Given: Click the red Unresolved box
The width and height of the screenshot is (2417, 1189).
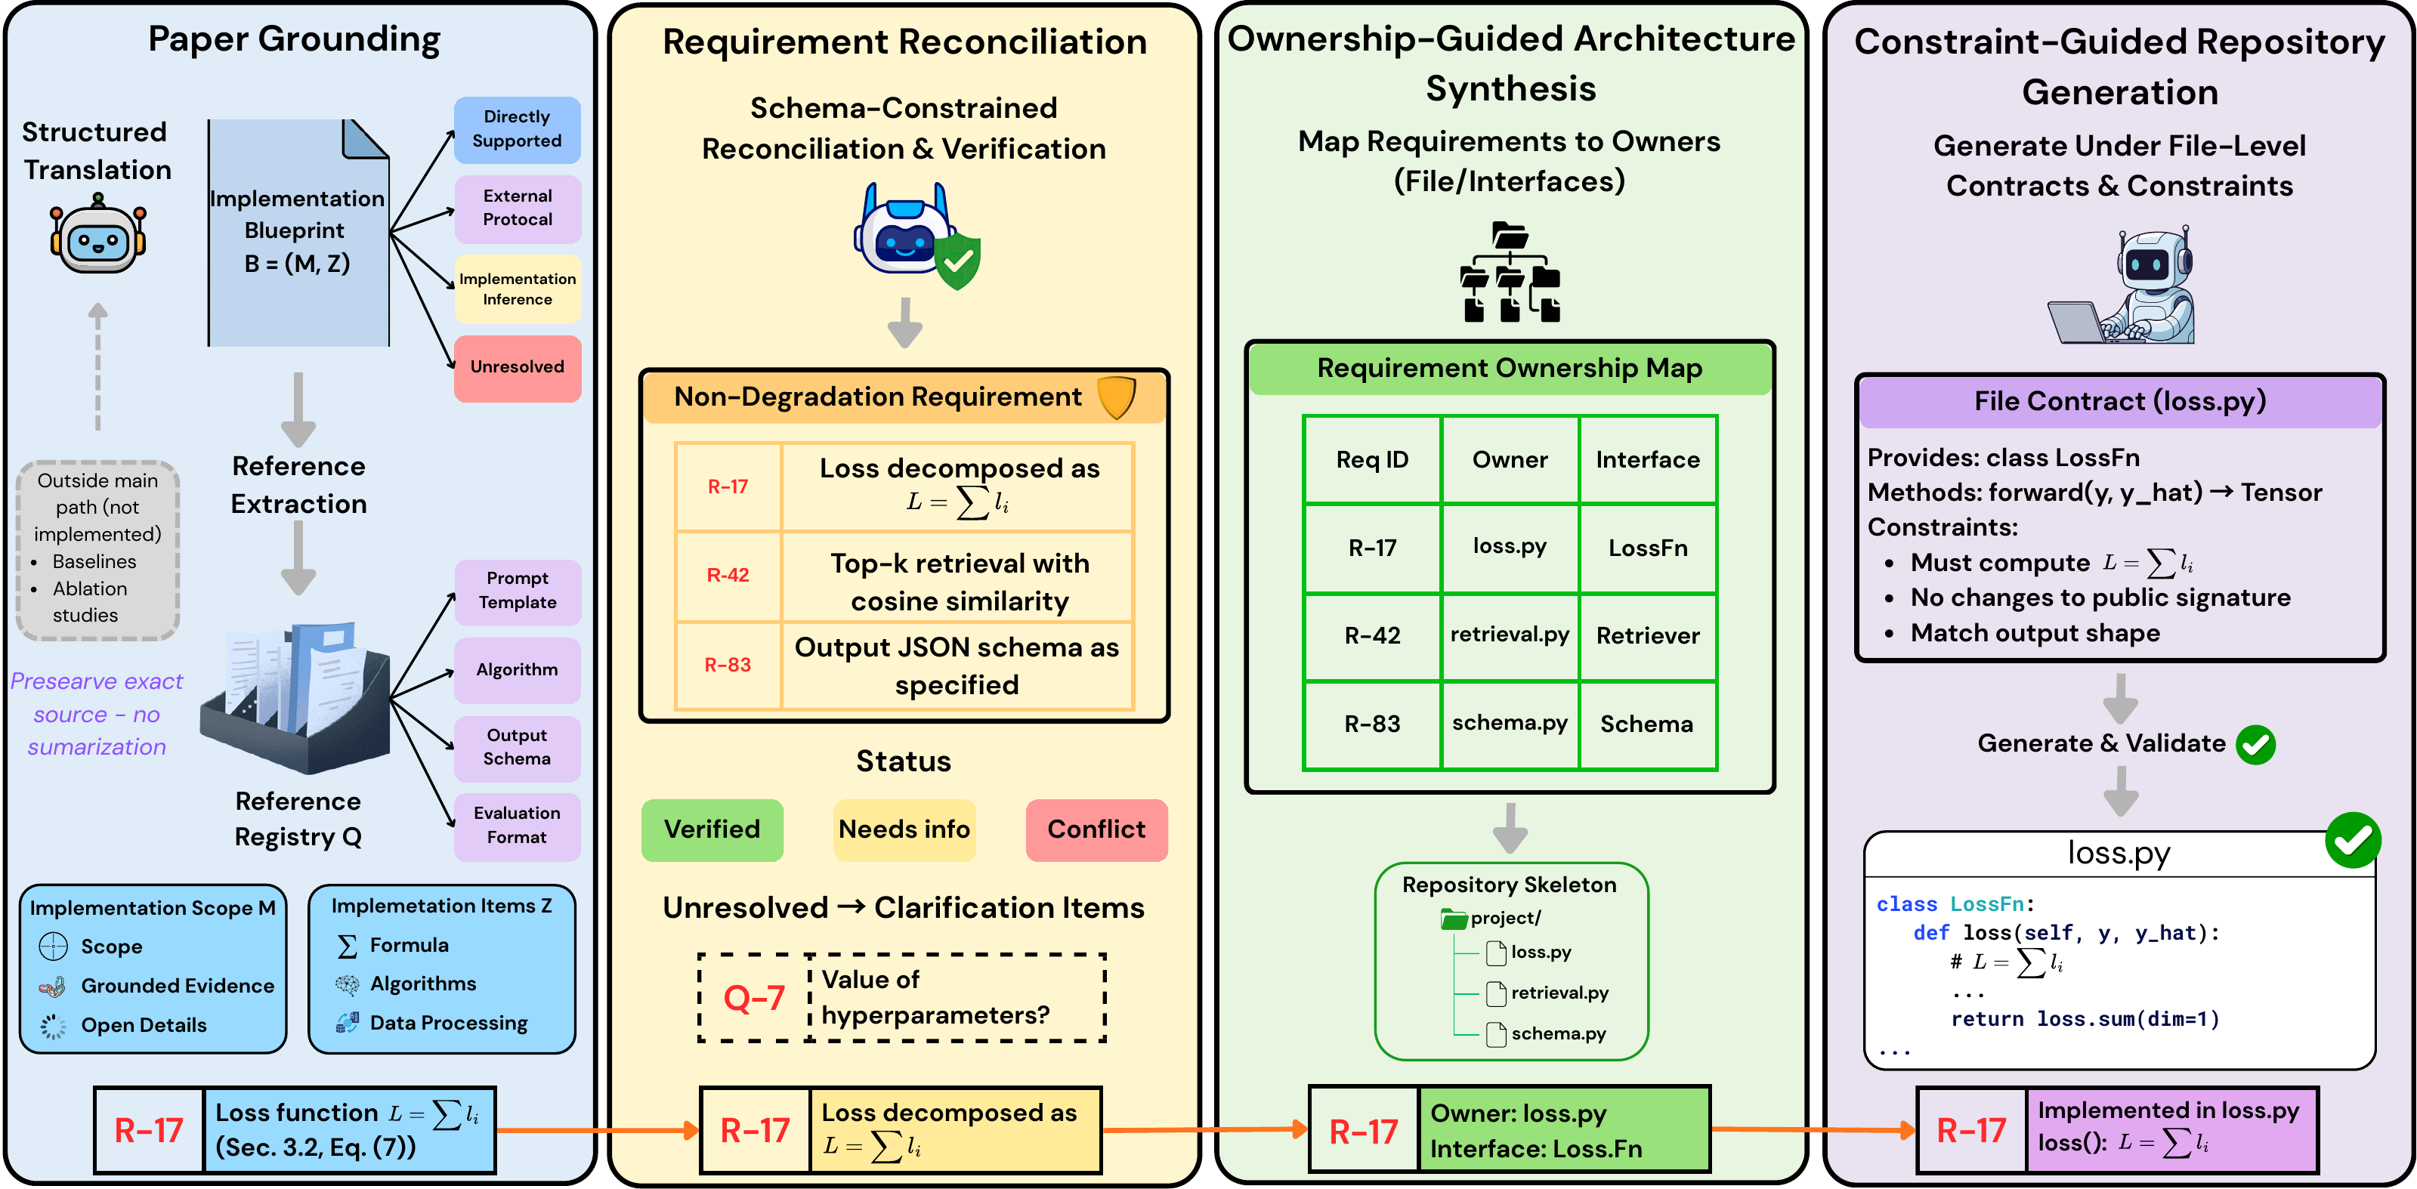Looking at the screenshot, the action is pyautogui.click(x=517, y=368).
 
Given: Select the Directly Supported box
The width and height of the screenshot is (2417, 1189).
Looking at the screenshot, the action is pyautogui.click(x=517, y=129).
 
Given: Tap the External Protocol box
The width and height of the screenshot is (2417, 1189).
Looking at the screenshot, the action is pyautogui.click(x=517, y=208).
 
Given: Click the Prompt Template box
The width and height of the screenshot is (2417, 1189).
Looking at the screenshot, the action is pyautogui.click(x=517, y=591).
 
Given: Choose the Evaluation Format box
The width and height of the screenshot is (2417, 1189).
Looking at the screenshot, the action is pyautogui.click(x=517, y=826).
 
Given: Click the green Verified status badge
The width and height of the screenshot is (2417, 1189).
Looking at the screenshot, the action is pyautogui.click(x=712, y=829).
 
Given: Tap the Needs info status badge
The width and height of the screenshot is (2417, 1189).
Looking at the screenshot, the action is pyautogui.click(x=904, y=829).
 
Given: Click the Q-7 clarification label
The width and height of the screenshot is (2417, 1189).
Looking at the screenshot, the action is pyautogui.click(x=753, y=998).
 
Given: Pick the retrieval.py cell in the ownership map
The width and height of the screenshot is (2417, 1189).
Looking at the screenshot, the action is pyautogui.click(x=1510, y=635).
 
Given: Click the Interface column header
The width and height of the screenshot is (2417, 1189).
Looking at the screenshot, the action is pyautogui.click(x=1648, y=460).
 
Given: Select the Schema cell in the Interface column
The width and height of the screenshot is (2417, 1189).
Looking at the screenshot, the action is pyautogui.click(x=1648, y=724).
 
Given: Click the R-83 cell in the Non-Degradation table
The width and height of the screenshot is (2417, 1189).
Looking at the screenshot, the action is pyautogui.click(x=728, y=666).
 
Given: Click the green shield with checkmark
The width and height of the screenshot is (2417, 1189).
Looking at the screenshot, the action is pyautogui.click(x=958, y=262).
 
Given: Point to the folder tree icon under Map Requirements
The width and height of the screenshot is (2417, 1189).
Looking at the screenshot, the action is pyautogui.click(x=1510, y=272).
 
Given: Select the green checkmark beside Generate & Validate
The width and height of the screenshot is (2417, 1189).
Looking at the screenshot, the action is pyautogui.click(x=2255, y=744).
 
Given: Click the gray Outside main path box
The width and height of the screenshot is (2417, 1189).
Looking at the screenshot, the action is pyautogui.click(x=97, y=551).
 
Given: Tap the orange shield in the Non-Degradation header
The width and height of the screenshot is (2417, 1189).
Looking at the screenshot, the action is pyautogui.click(x=1117, y=397).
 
